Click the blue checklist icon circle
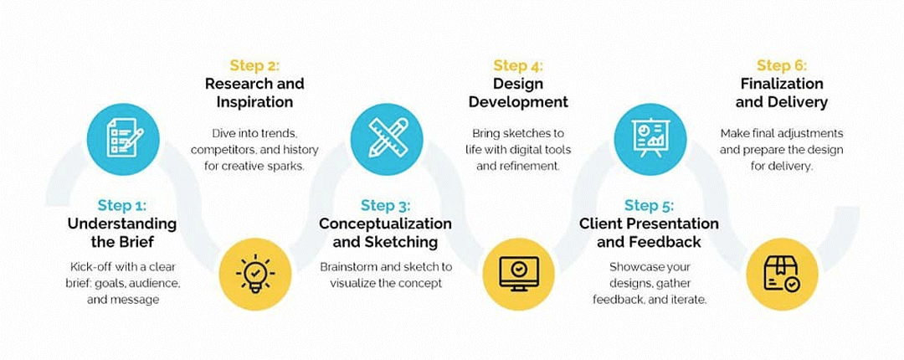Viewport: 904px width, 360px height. point(123,140)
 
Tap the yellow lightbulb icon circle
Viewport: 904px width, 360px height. point(255,274)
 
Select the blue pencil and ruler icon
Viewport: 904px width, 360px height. point(387,140)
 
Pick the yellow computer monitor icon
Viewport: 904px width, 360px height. point(518,274)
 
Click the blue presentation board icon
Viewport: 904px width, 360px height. point(650,140)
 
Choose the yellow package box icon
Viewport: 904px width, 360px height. point(782,274)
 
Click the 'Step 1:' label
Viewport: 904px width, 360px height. point(122,205)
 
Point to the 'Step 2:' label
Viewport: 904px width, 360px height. point(254,65)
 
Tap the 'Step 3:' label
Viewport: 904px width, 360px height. point(386,205)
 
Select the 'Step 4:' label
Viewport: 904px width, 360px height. point(518,65)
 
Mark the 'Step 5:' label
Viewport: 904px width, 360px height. point(650,205)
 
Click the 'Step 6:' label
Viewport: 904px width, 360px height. point(782,65)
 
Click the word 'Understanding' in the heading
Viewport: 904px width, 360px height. point(122,224)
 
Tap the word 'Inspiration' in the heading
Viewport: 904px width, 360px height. point(254,102)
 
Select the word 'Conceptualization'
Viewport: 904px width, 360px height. point(386,224)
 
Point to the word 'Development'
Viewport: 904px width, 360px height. point(518,103)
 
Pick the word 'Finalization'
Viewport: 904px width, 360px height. point(782,84)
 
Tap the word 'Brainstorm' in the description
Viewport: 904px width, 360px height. point(350,267)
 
